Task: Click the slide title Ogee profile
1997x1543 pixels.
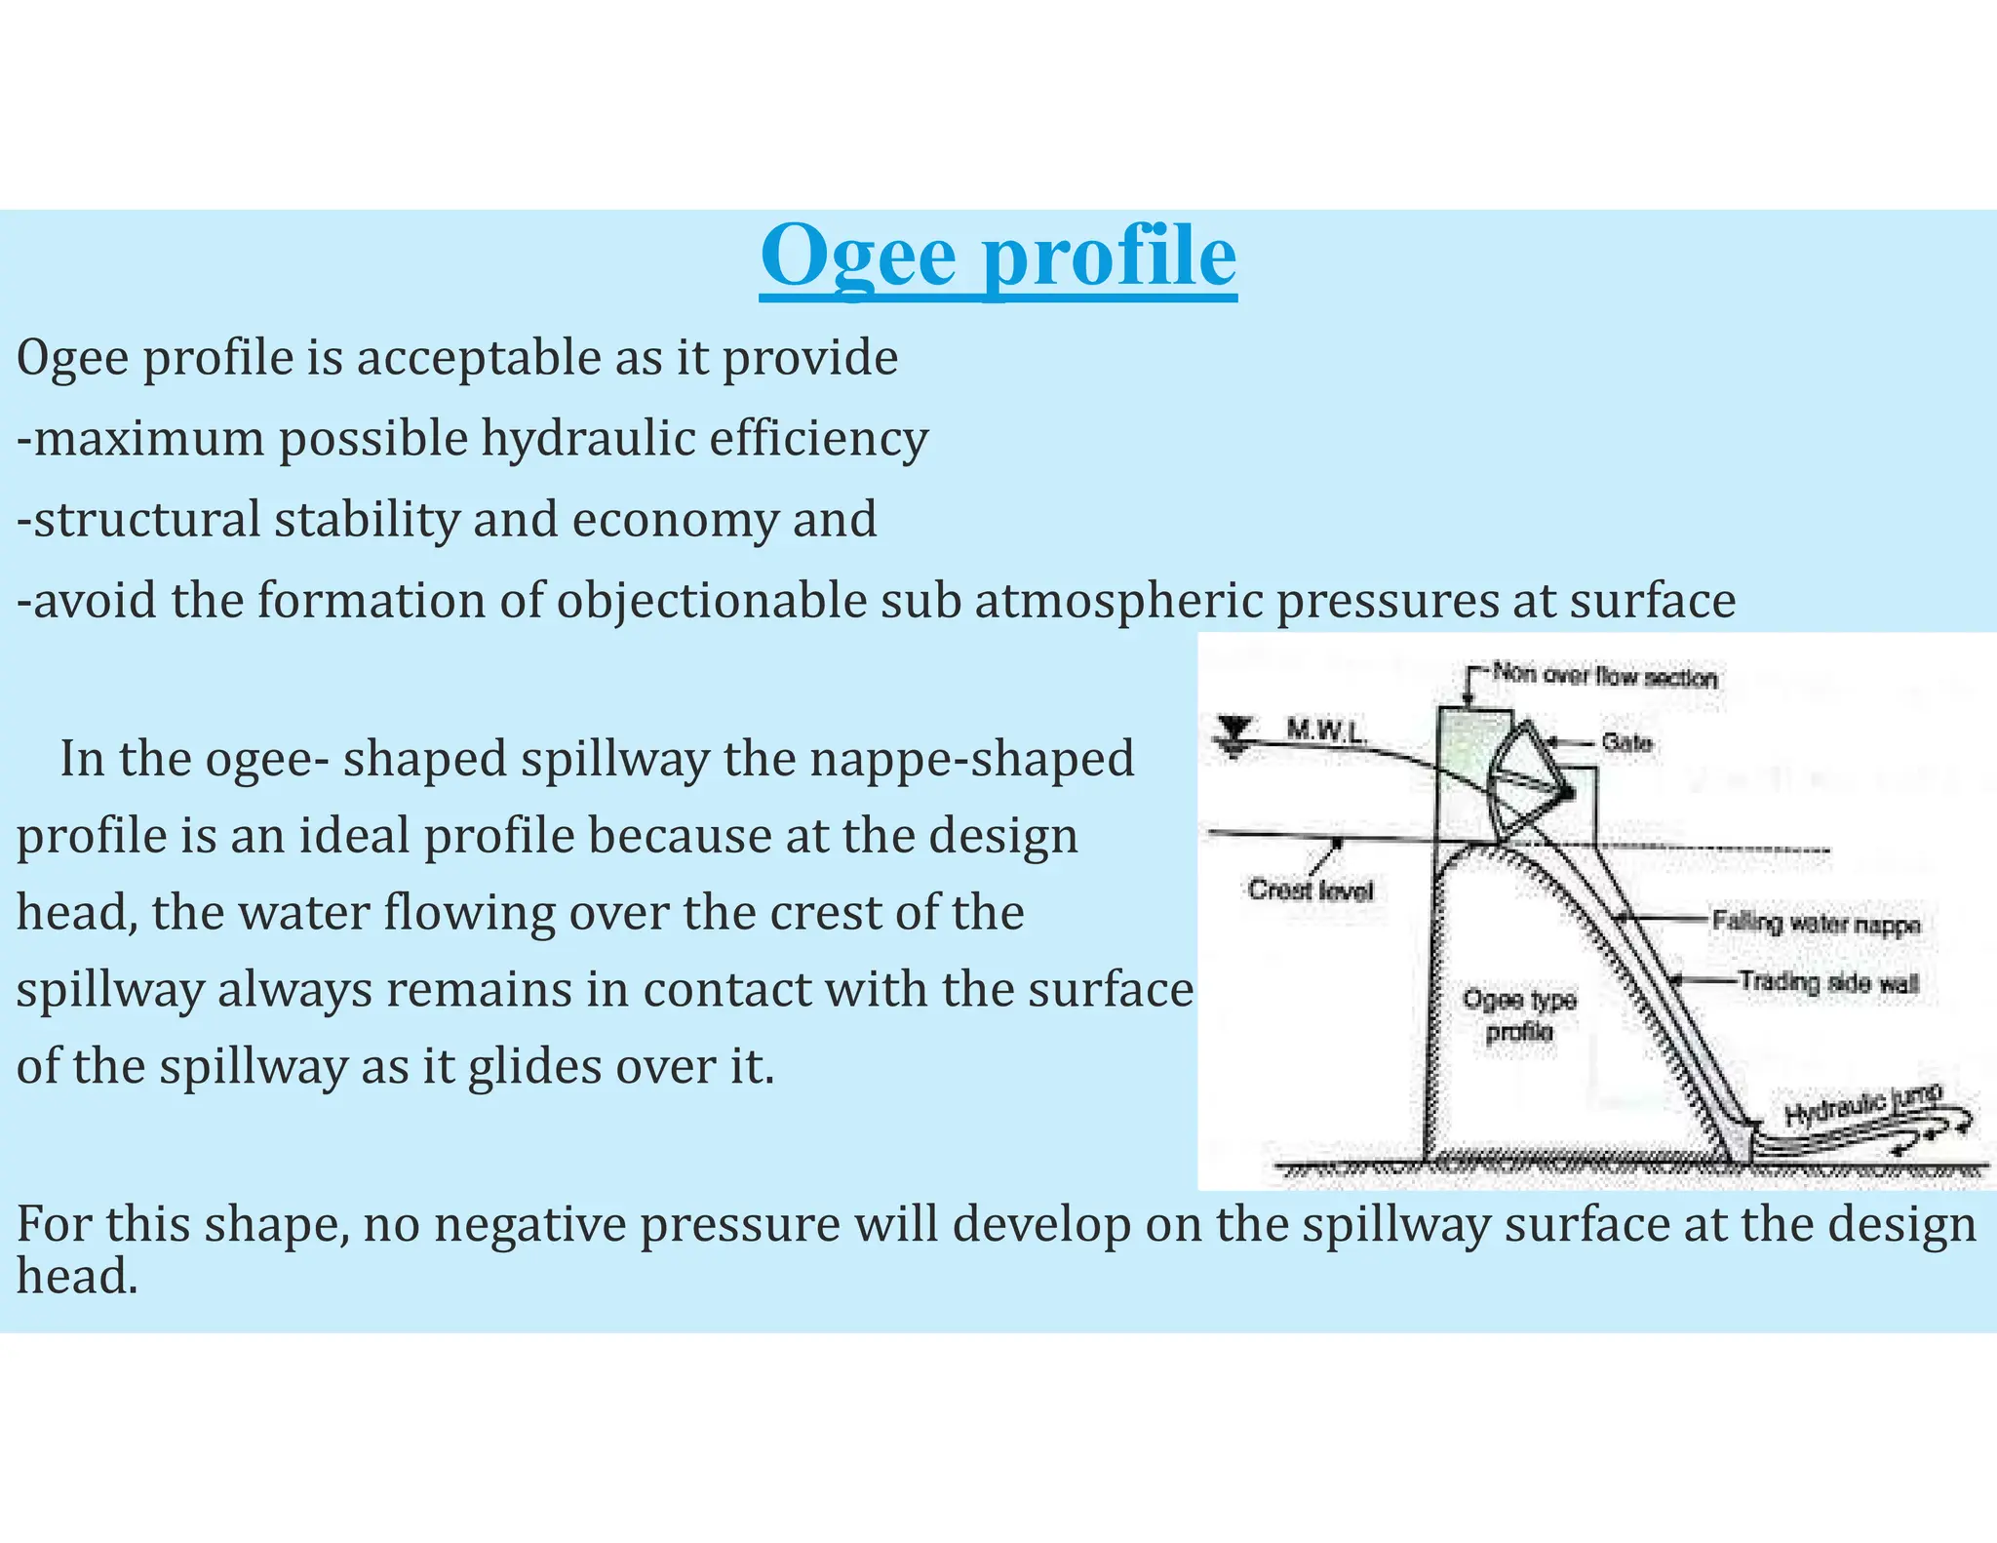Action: pyautogui.click(x=998, y=256)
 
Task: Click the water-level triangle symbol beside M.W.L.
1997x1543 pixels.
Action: pyautogui.click(x=1235, y=732)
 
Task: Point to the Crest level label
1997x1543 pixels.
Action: pyautogui.click(x=1310, y=890)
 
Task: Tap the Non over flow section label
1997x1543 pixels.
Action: pyautogui.click(x=1604, y=676)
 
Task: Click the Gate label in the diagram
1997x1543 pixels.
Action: pyautogui.click(x=1626, y=743)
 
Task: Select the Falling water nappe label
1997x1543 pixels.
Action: pyautogui.click(x=1816, y=923)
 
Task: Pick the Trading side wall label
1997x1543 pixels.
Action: pyautogui.click(x=1827, y=982)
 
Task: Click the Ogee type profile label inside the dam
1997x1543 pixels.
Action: pyautogui.click(x=1518, y=1014)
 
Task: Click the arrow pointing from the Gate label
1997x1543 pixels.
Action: pyautogui.click(x=1570, y=743)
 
